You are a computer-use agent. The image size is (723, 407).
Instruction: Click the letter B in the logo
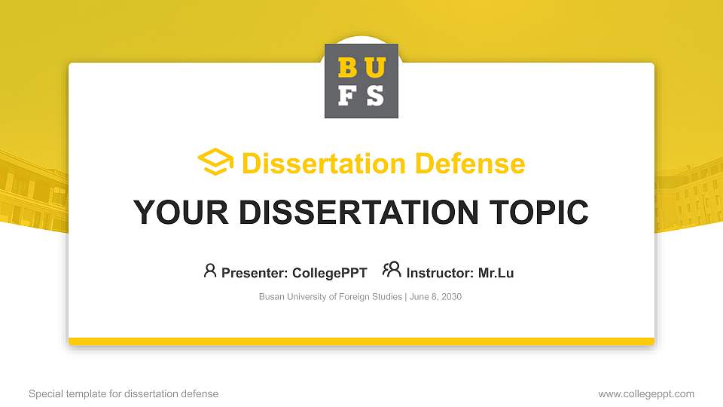(x=348, y=68)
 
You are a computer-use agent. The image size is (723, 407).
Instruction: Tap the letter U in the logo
(x=375, y=68)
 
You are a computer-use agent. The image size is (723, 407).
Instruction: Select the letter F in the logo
(x=348, y=96)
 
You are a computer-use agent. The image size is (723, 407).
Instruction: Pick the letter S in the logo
(x=375, y=96)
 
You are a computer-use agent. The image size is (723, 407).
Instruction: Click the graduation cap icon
(x=215, y=163)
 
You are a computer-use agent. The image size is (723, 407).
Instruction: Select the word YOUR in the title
(x=173, y=213)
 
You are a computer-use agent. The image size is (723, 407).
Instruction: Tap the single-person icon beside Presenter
(x=210, y=271)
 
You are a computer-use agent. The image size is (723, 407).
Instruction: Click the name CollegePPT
(x=329, y=273)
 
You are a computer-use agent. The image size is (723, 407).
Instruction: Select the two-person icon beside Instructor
(x=392, y=270)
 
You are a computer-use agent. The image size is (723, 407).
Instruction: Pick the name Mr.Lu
(x=496, y=273)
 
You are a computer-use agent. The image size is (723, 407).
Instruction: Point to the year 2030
(x=451, y=297)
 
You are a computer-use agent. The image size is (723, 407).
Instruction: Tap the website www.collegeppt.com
(x=646, y=393)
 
